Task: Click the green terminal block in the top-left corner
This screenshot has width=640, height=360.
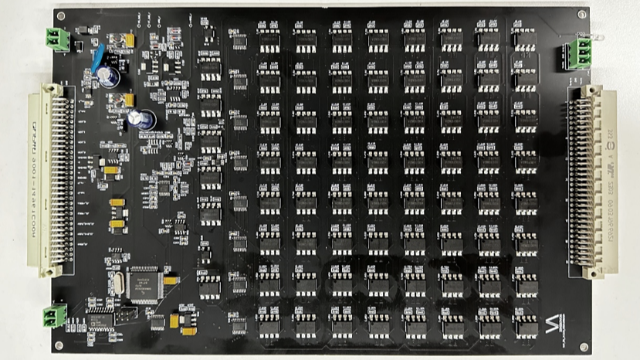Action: [x=57, y=36]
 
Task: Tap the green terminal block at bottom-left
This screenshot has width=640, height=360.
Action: [x=54, y=314]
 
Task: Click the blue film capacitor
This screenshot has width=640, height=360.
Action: [x=99, y=58]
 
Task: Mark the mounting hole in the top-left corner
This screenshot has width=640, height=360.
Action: [x=59, y=15]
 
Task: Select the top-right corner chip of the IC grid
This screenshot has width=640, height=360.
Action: [x=525, y=38]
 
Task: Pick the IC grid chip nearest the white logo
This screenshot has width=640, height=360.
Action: [x=525, y=325]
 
